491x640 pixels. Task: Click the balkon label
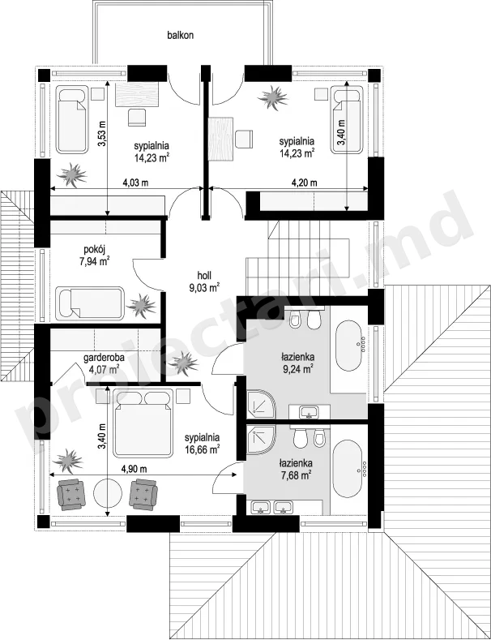(x=180, y=35)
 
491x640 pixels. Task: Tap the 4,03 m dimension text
(x=136, y=183)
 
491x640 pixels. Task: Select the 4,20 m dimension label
(x=304, y=183)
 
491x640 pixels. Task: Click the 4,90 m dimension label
(x=134, y=469)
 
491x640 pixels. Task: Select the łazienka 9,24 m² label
(x=297, y=363)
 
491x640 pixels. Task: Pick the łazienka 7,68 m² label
(x=296, y=469)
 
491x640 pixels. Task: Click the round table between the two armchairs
(x=108, y=494)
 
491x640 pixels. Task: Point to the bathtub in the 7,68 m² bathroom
(x=348, y=469)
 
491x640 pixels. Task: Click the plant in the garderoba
(x=183, y=363)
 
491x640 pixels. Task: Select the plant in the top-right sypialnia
(x=273, y=97)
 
